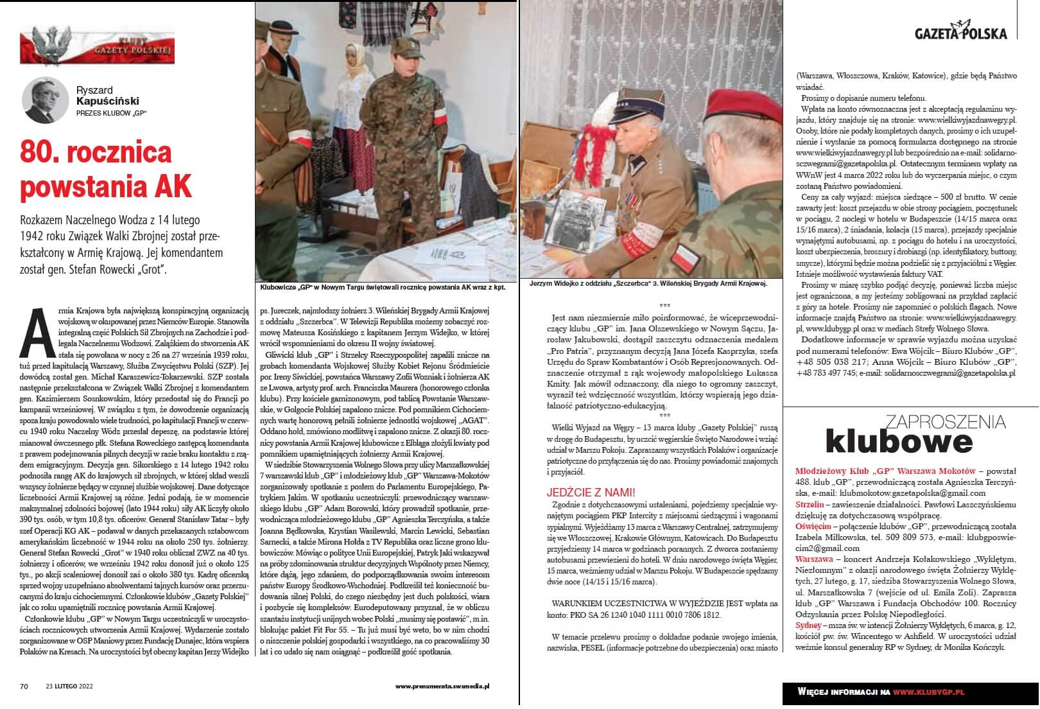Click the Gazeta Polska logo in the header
coord(960,32)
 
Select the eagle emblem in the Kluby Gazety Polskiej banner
coord(52,46)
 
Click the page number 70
coord(24,687)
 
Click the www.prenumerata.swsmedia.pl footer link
coord(442,687)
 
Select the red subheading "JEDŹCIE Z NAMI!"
coord(591,493)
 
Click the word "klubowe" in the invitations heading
coord(899,442)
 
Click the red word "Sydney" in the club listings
coord(808,625)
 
